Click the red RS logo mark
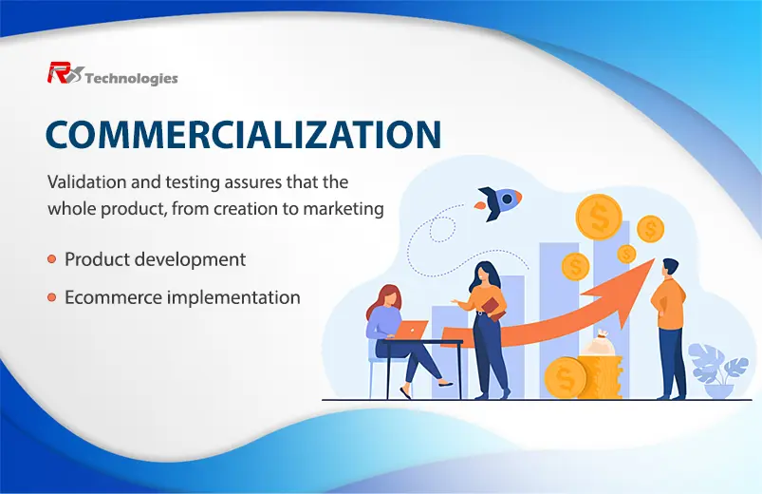[65, 73]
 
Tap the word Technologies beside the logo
[131, 78]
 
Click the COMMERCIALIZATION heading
[244, 134]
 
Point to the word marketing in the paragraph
[344, 209]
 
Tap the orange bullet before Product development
[52, 259]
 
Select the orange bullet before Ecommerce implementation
[52, 297]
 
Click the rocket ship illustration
[498, 203]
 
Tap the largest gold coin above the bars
[599, 217]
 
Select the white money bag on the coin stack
[601, 343]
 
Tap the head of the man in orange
[670, 268]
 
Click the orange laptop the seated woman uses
[410, 330]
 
